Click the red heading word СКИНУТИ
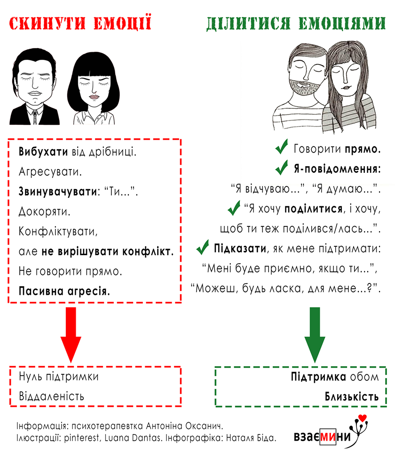47,23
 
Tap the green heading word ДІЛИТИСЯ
248,24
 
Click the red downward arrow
71,334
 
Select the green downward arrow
315,334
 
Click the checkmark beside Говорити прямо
281,147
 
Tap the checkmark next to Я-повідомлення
281,167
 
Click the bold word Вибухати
43,152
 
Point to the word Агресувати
50,172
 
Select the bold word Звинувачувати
58,192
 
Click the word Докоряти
44,212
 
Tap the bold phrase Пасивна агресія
64,291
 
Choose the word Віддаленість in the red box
52,396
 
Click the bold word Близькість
352,396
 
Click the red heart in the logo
363,418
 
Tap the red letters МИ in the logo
328,436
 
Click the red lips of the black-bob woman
94,97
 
